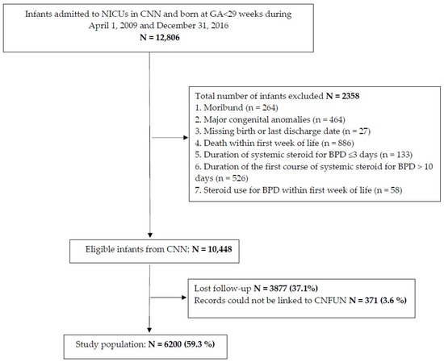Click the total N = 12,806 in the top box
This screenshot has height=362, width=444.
(x=160, y=37)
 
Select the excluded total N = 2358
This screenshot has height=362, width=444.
(x=342, y=96)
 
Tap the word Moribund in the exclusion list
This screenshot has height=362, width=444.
(x=224, y=108)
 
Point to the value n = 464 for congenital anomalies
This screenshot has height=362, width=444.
(x=329, y=119)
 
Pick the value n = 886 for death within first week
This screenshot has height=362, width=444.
(x=338, y=143)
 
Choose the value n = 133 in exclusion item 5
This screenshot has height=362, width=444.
(x=396, y=155)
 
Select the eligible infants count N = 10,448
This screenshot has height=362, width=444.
(x=212, y=249)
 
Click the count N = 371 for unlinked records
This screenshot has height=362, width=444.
(x=363, y=301)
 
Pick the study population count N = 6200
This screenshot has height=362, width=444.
(x=165, y=344)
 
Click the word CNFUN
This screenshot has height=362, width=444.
(x=330, y=301)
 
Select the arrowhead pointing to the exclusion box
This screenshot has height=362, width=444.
(x=186, y=138)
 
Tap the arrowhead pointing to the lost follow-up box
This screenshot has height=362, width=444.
(x=184, y=298)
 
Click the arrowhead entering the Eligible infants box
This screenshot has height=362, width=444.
(x=150, y=235)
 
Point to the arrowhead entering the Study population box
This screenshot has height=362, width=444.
(x=149, y=330)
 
